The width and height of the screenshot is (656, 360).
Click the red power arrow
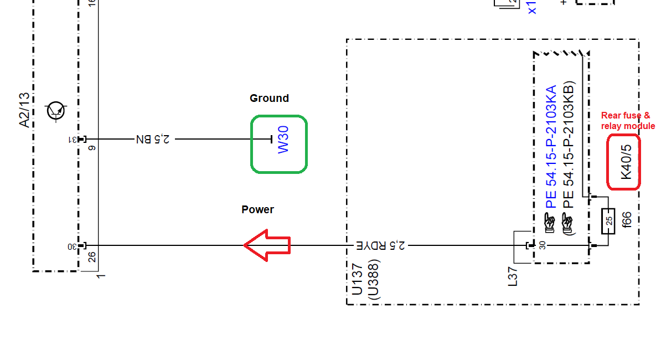tap(267, 245)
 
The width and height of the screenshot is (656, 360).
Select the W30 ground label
tap(283, 140)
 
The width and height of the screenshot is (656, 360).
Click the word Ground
tap(269, 99)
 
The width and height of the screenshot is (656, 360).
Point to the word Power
tap(257, 210)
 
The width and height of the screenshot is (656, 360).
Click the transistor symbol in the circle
tap(56, 111)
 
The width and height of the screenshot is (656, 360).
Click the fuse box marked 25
tap(608, 220)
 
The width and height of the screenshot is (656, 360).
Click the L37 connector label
tap(513, 275)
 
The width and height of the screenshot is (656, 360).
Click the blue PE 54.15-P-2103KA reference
tap(551, 147)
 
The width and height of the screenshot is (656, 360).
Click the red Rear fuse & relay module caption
tap(628, 121)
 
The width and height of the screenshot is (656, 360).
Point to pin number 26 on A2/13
tap(91, 258)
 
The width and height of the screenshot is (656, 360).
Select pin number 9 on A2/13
tap(91, 148)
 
